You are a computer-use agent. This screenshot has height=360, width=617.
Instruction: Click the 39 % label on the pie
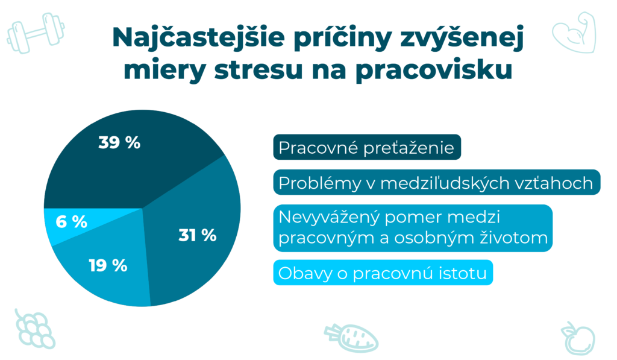[x=119, y=142]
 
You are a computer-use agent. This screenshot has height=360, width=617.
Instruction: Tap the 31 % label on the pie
[x=198, y=235]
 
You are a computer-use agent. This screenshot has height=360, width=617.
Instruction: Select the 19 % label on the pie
[x=108, y=265]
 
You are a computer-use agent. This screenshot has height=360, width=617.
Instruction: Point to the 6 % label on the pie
[x=71, y=222]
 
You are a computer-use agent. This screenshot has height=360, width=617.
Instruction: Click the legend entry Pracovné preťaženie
[x=367, y=147]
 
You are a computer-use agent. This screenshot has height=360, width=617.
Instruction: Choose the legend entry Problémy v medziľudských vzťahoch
[x=437, y=182]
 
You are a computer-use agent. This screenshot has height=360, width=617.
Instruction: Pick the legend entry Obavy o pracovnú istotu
[x=383, y=273]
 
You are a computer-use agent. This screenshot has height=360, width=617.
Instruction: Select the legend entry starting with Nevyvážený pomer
[x=413, y=228]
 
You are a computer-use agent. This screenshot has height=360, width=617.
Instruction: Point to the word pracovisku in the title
[x=434, y=71]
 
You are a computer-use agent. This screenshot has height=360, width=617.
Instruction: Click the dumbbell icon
[x=36, y=33]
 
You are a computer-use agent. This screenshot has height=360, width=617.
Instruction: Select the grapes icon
[x=34, y=329]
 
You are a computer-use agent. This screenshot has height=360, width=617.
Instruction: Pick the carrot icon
[x=351, y=338]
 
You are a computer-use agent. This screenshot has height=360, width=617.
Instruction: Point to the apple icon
[x=578, y=338]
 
